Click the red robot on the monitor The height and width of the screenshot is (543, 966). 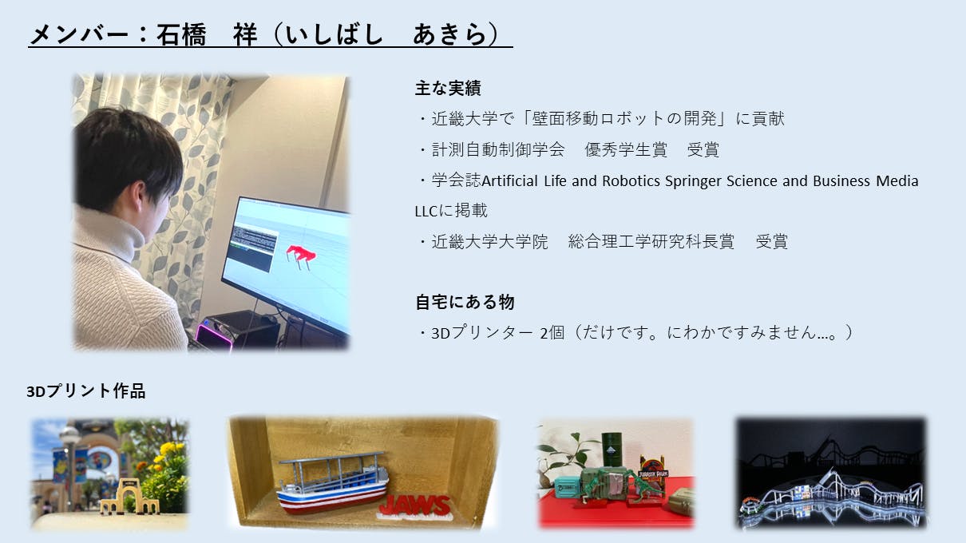[x=301, y=256]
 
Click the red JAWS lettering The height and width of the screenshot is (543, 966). [x=415, y=506]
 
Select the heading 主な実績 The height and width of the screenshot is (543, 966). [x=448, y=88]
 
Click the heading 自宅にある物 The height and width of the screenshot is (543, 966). [x=465, y=302]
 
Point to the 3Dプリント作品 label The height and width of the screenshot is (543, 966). [x=85, y=391]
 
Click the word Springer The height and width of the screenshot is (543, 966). [x=693, y=180]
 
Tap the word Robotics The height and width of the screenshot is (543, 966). [x=631, y=180]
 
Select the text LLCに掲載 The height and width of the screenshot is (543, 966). [x=451, y=211]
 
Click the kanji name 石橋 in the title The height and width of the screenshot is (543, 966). [x=181, y=34]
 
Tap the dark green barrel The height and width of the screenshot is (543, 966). [x=612, y=450]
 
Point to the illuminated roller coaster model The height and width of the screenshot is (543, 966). [x=831, y=495]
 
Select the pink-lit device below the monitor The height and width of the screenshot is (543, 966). [x=214, y=336]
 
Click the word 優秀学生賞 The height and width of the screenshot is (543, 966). [x=626, y=149]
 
